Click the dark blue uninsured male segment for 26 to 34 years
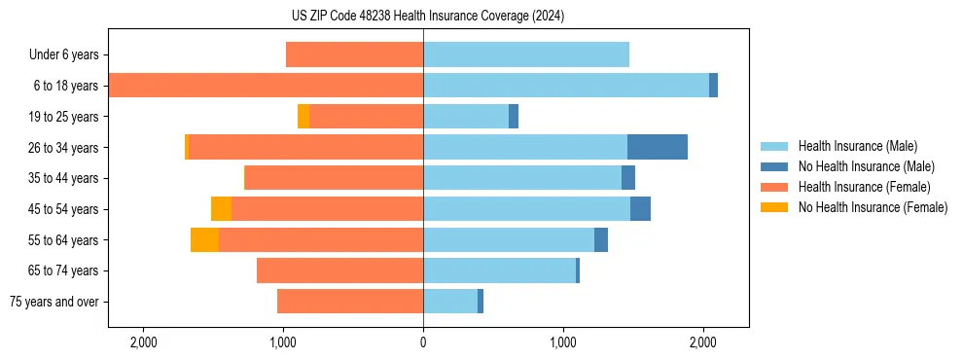(x=657, y=147)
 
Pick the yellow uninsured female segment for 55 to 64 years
(x=204, y=239)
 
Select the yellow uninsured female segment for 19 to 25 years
(x=303, y=116)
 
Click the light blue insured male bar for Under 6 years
(x=525, y=54)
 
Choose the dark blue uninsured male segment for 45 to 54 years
(x=640, y=208)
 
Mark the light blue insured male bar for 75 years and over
(x=449, y=302)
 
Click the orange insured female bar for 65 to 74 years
(x=339, y=270)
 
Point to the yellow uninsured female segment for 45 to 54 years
(x=221, y=208)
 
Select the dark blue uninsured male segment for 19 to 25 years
(x=514, y=116)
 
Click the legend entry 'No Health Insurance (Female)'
(x=873, y=207)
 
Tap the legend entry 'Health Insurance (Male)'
(x=857, y=146)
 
